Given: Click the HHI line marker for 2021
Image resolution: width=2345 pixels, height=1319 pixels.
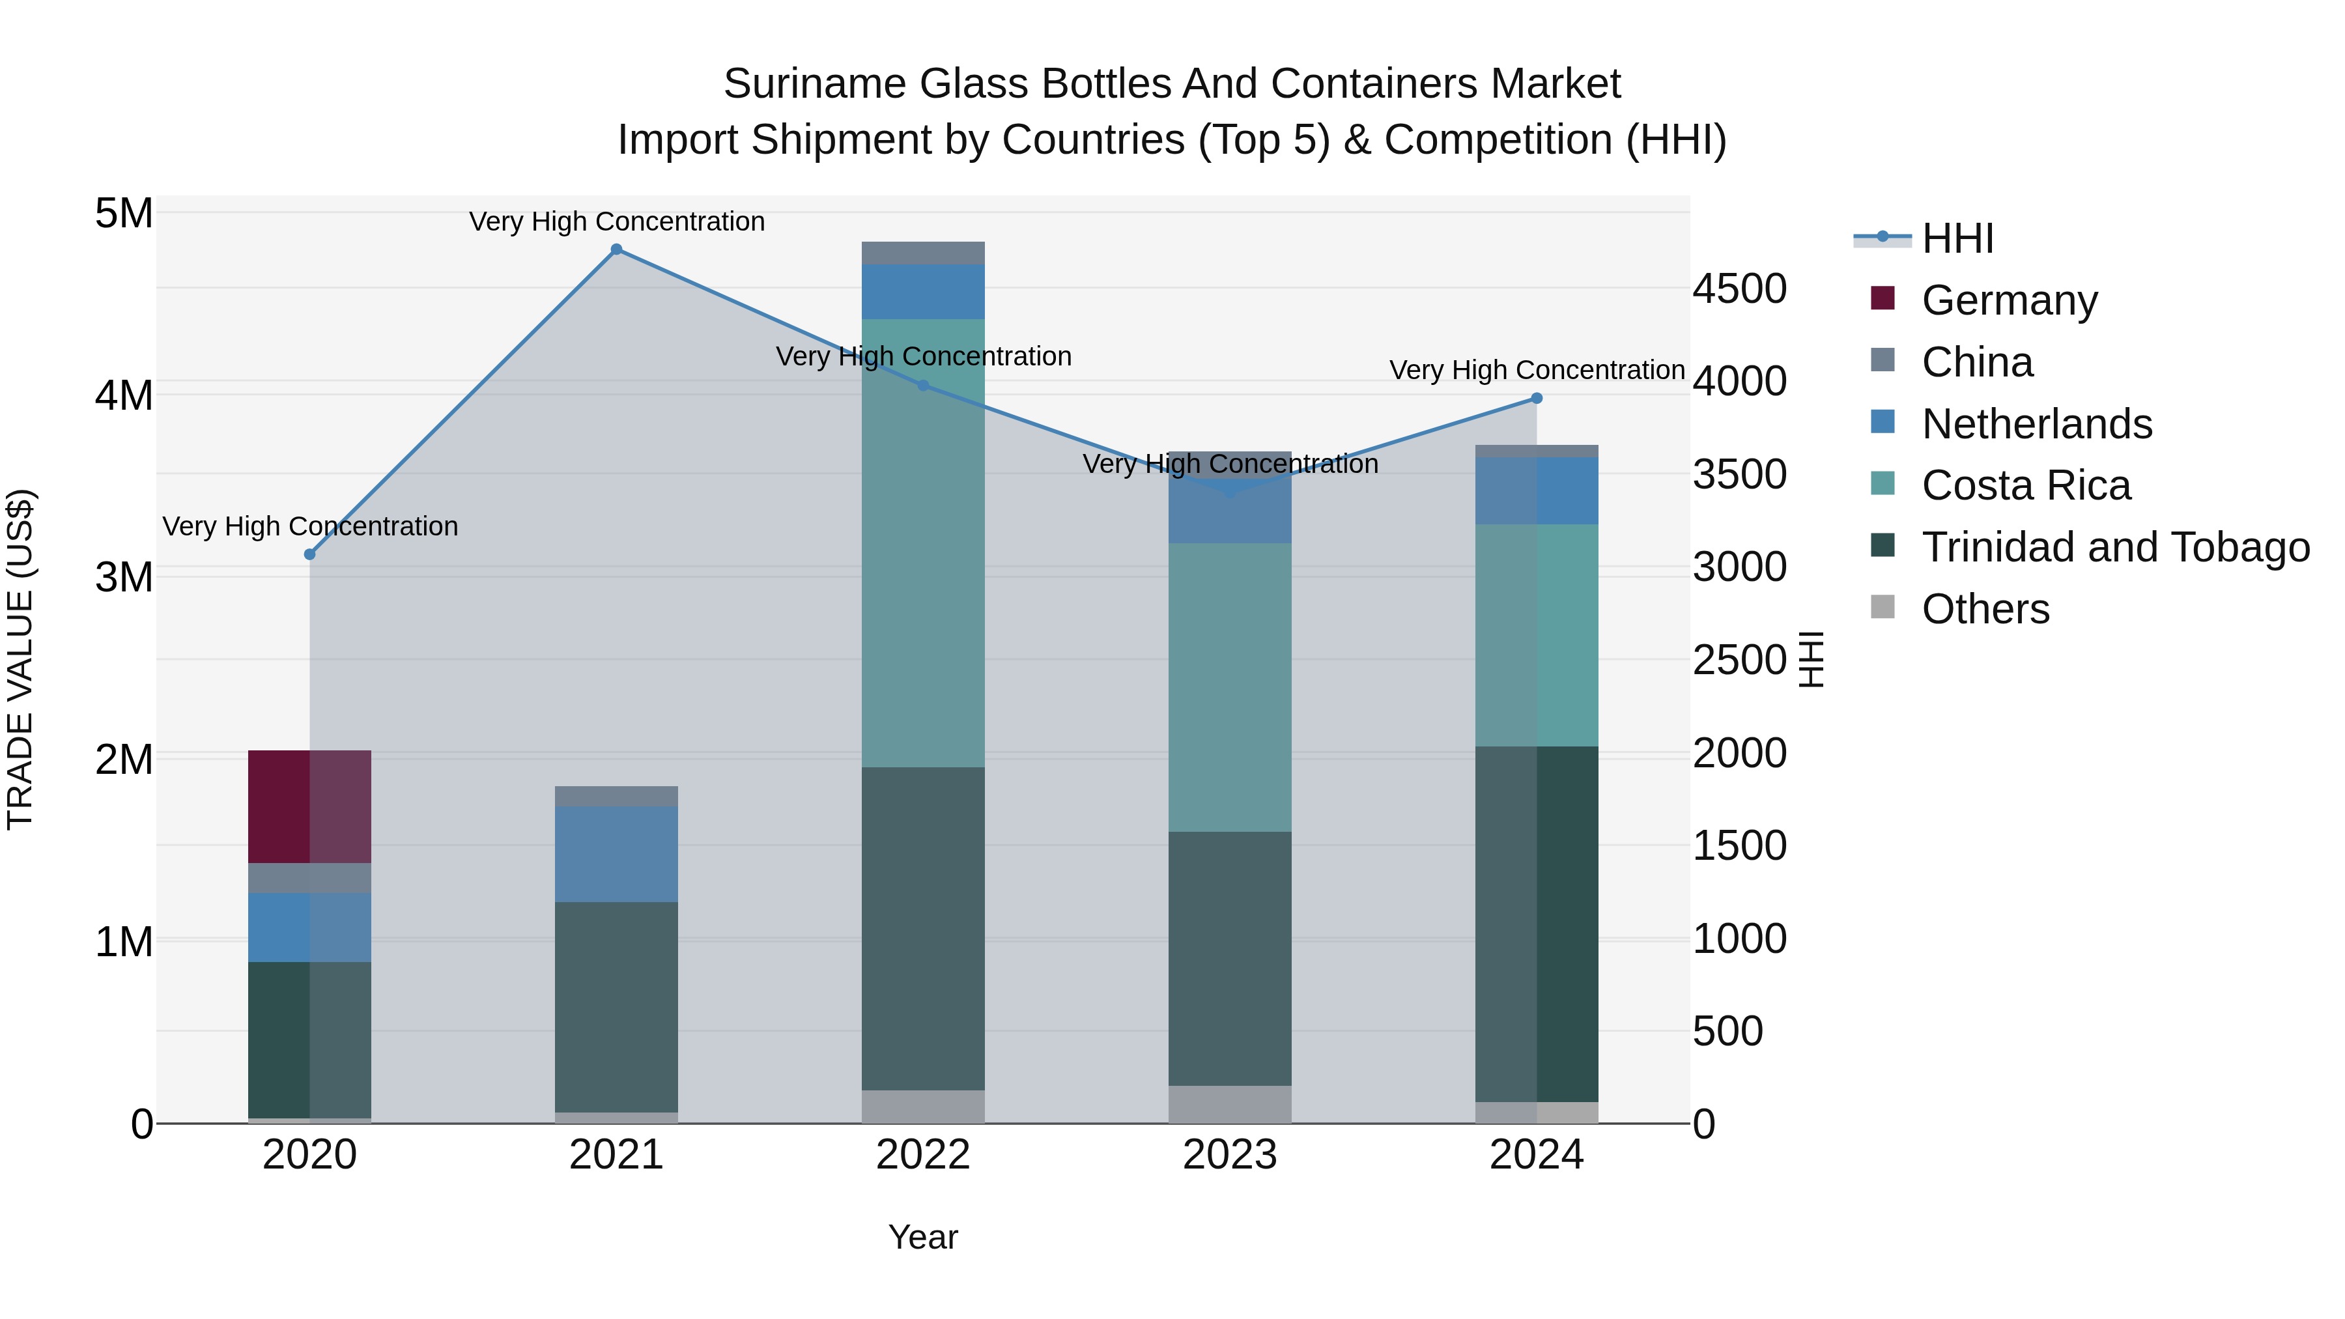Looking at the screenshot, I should (x=616, y=249).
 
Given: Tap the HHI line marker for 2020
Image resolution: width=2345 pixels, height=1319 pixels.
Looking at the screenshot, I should (x=309, y=554).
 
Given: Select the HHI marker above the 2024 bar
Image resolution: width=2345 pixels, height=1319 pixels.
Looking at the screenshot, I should (x=1537, y=398).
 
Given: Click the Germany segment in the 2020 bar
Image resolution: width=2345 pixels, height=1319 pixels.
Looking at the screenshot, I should (x=309, y=806).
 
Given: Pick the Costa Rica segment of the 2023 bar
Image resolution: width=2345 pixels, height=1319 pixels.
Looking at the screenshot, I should (x=1230, y=687).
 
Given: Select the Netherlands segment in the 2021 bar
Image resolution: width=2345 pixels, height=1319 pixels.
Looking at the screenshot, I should (x=616, y=854).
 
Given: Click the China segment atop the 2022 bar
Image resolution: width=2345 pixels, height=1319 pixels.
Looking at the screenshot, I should (x=923, y=253).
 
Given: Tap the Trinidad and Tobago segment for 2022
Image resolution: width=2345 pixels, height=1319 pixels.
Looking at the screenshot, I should (x=923, y=928).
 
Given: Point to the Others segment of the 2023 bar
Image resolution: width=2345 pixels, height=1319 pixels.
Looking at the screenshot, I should (x=1230, y=1104).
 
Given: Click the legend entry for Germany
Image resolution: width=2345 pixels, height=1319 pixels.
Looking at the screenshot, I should (x=2009, y=300).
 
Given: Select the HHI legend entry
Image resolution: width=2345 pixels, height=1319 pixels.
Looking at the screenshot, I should (x=1957, y=238).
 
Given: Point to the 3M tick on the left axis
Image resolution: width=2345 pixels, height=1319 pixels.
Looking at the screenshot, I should (x=124, y=577).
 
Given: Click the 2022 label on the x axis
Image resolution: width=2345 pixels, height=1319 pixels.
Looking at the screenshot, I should (x=923, y=1155).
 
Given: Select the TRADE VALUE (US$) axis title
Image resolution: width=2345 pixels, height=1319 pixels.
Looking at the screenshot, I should (x=20, y=659).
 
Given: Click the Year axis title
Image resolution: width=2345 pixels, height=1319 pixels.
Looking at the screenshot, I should (x=923, y=1237).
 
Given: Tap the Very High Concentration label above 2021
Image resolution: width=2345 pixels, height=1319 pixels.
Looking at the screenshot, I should (x=616, y=221).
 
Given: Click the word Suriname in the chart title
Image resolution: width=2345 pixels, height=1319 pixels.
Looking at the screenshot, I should (x=815, y=84).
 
